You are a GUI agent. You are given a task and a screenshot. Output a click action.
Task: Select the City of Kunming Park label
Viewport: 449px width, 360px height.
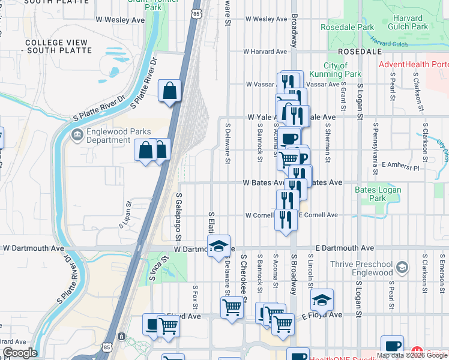click(x=343, y=70)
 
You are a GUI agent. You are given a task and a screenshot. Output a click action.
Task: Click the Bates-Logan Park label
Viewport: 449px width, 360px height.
click(x=378, y=193)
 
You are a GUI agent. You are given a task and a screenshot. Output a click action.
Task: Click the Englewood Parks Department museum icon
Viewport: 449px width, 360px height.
click(x=77, y=134)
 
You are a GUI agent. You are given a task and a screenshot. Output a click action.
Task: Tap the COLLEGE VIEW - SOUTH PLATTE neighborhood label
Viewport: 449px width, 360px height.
click(x=58, y=46)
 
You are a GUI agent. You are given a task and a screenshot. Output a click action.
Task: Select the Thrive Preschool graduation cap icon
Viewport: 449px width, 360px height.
click(x=402, y=267)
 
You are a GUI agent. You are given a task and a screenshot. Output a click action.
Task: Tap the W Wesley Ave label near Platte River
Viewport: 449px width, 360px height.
click(x=120, y=20)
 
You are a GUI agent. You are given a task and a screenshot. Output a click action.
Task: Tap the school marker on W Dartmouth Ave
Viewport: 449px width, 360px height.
click(x=219, y=246)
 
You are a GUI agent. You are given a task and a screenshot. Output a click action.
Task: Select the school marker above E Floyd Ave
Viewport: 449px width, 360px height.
click(x=322, y=299)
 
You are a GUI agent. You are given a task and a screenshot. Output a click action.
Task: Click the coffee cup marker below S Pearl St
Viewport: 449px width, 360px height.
click(x=392, y=346)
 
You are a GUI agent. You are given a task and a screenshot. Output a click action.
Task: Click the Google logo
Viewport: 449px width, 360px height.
click(x=19, y=353)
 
